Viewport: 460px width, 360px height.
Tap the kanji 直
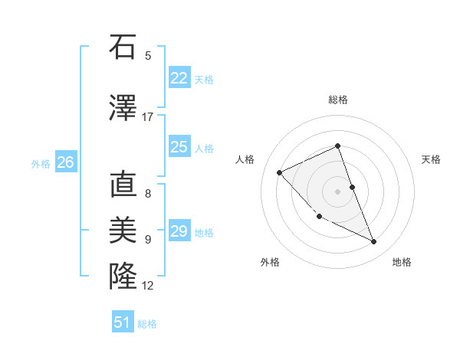click(x=123, y=185)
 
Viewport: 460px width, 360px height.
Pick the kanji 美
click(x=123, y=229)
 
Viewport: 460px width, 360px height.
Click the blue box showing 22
click(x=179, y=78)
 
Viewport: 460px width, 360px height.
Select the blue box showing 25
click(x=179, y=147)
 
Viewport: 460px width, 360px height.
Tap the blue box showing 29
click(x=179, y=231)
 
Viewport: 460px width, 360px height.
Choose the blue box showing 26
click(x=65, y=162)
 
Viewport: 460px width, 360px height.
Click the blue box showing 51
click(x=123, y=322)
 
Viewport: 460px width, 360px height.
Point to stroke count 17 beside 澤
click(x=148, y=117)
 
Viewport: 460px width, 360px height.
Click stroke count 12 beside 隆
click(x=148, y=286)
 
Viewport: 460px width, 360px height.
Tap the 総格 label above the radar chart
click(x=338, y=100)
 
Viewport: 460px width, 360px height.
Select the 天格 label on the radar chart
click(x=432, y=159)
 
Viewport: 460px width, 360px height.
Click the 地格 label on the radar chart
click(x=402, y=262)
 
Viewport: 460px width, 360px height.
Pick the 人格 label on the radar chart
click(x=245, y=159)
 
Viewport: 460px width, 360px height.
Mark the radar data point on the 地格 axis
click(x=374, y=242)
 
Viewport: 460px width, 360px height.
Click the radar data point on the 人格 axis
click(x=280, y=172)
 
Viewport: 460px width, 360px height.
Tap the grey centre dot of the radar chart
click(x=337, y=191)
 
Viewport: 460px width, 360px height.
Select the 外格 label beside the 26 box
click(x=41, y=163)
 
